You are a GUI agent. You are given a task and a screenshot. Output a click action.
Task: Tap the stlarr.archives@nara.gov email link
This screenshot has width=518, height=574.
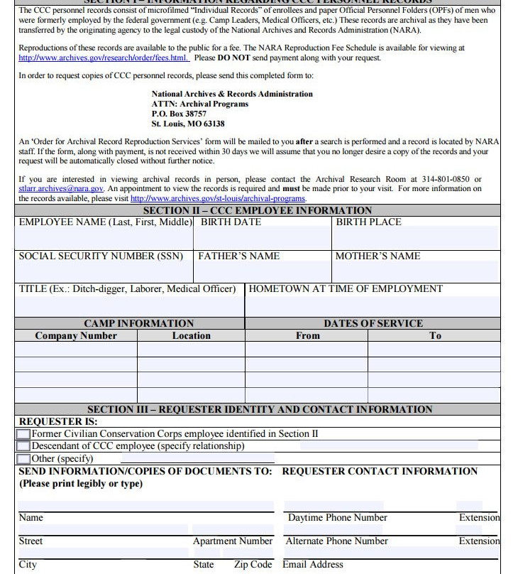(x=61, y=189)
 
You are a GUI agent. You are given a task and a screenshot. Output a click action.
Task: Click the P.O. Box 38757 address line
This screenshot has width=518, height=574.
(x=179, y=114)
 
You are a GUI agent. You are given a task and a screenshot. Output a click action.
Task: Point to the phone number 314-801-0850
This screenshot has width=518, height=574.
(x=441, y=180)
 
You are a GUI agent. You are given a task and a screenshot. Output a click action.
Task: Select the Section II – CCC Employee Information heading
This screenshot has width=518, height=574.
(x=257, y=210)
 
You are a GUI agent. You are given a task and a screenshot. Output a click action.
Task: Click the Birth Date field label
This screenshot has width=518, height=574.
(x=231, y=222)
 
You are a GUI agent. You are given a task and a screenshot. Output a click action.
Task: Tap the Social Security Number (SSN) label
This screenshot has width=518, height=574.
(x=101, y=256)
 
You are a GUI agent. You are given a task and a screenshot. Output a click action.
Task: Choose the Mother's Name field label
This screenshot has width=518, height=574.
(x=378, y=256)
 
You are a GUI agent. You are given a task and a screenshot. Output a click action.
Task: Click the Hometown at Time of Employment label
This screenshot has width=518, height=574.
(x=346, y=289)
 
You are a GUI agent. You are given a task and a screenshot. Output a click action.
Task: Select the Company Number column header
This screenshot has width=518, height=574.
(x=76, y=336)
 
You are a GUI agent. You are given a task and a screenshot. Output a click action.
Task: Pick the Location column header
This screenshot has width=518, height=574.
(x=191, y=336)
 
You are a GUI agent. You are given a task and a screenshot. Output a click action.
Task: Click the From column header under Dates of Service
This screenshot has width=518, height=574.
(x=307, y=336)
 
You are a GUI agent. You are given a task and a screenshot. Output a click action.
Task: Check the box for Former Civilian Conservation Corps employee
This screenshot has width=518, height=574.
(x=23, y=434)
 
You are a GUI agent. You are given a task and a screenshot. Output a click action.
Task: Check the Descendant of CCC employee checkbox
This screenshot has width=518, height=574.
(x=23, y=446)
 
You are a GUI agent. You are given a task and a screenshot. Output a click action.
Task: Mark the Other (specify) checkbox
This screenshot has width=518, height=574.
(x=23, y=459)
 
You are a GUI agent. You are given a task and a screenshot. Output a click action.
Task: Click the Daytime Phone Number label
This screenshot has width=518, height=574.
(x=337, y=518)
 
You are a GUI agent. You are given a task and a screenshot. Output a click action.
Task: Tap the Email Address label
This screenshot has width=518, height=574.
(x=313, y=565)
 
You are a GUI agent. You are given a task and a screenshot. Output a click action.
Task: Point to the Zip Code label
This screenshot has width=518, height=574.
(x=253, y=565)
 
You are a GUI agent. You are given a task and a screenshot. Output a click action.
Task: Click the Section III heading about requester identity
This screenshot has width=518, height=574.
(x=260, y=410)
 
